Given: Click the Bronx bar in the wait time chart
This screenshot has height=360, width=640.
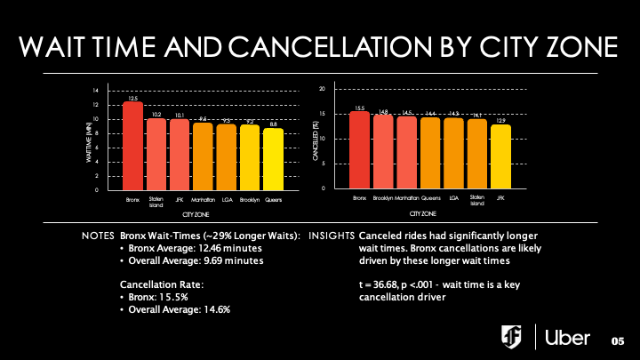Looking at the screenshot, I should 132,146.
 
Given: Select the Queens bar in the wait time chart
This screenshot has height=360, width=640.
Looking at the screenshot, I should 274,159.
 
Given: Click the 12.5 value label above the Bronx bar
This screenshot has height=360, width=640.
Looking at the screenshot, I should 132,98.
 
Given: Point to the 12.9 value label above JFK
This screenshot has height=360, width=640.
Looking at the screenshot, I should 501,120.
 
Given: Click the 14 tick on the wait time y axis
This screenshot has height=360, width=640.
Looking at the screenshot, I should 96,91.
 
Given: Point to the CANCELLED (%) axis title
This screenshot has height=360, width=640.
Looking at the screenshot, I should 315,140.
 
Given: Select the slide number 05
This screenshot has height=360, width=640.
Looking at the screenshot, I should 619,341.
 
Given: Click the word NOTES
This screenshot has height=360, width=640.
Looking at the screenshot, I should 97,236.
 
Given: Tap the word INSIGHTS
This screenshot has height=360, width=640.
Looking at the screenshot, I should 337,236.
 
